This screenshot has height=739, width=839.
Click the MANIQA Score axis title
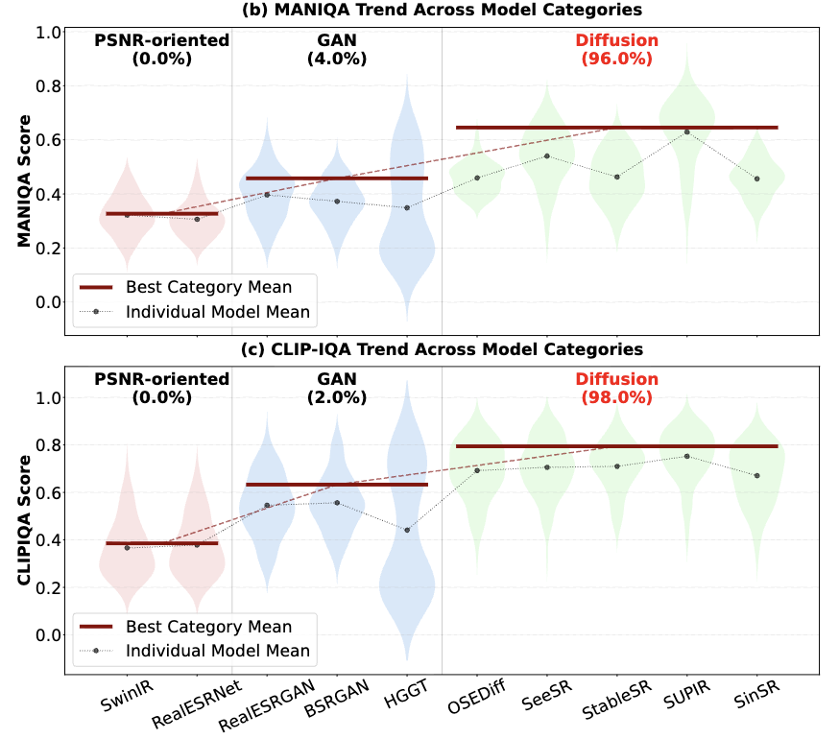(25, 181)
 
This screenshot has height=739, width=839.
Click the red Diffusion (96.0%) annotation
(616, 49)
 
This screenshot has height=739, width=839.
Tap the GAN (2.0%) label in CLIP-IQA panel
(336, 388)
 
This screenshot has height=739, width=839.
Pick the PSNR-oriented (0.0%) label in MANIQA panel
(161, 49)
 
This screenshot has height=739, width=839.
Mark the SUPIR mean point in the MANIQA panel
(686, 131)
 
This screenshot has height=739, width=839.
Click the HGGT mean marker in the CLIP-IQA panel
(407, 530)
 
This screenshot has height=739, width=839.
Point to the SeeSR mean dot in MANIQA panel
(546, 155)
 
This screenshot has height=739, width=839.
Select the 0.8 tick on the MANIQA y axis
(46, 86)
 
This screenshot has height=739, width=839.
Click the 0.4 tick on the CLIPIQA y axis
(46, 540)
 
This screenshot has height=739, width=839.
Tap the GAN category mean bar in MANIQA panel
(336, 179)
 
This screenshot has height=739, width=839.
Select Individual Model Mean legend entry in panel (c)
(217, 651)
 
